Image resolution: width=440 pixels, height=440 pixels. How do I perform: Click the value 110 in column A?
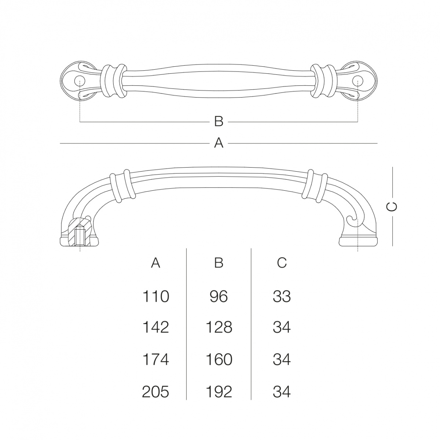click(156, 297)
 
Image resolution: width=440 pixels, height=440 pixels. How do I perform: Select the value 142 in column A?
click(156, 327)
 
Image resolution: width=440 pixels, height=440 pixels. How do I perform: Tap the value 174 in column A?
click(156, 360)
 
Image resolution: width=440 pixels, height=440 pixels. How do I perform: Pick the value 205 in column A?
click(155, 392)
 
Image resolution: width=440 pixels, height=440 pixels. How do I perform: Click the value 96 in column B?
click(219, 297)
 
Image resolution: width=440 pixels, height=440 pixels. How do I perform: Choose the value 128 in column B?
click(219, 327)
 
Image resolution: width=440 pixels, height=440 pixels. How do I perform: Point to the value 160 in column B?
click(219, 360)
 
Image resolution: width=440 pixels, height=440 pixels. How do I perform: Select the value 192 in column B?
click(219, 392)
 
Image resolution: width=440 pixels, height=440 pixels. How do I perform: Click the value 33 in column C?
click(282, 297)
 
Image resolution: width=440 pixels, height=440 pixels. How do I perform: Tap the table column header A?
click(156, 263)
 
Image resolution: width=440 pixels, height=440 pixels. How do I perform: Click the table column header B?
click(219, 263)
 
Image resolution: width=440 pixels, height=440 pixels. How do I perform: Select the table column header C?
click(282, 263)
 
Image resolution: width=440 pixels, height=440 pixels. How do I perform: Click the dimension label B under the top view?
click(219, 122)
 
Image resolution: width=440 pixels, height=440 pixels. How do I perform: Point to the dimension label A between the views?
click(219, 143)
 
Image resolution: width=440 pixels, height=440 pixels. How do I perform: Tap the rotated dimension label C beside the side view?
click(392, 207)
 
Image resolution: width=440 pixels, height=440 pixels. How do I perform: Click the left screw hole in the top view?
click(80, 81)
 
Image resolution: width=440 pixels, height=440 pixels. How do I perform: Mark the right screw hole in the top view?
click(357, 81)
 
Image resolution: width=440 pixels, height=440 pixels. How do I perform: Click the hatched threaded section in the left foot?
click(80, 232)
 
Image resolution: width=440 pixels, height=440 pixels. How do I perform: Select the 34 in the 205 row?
click(282, 392)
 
